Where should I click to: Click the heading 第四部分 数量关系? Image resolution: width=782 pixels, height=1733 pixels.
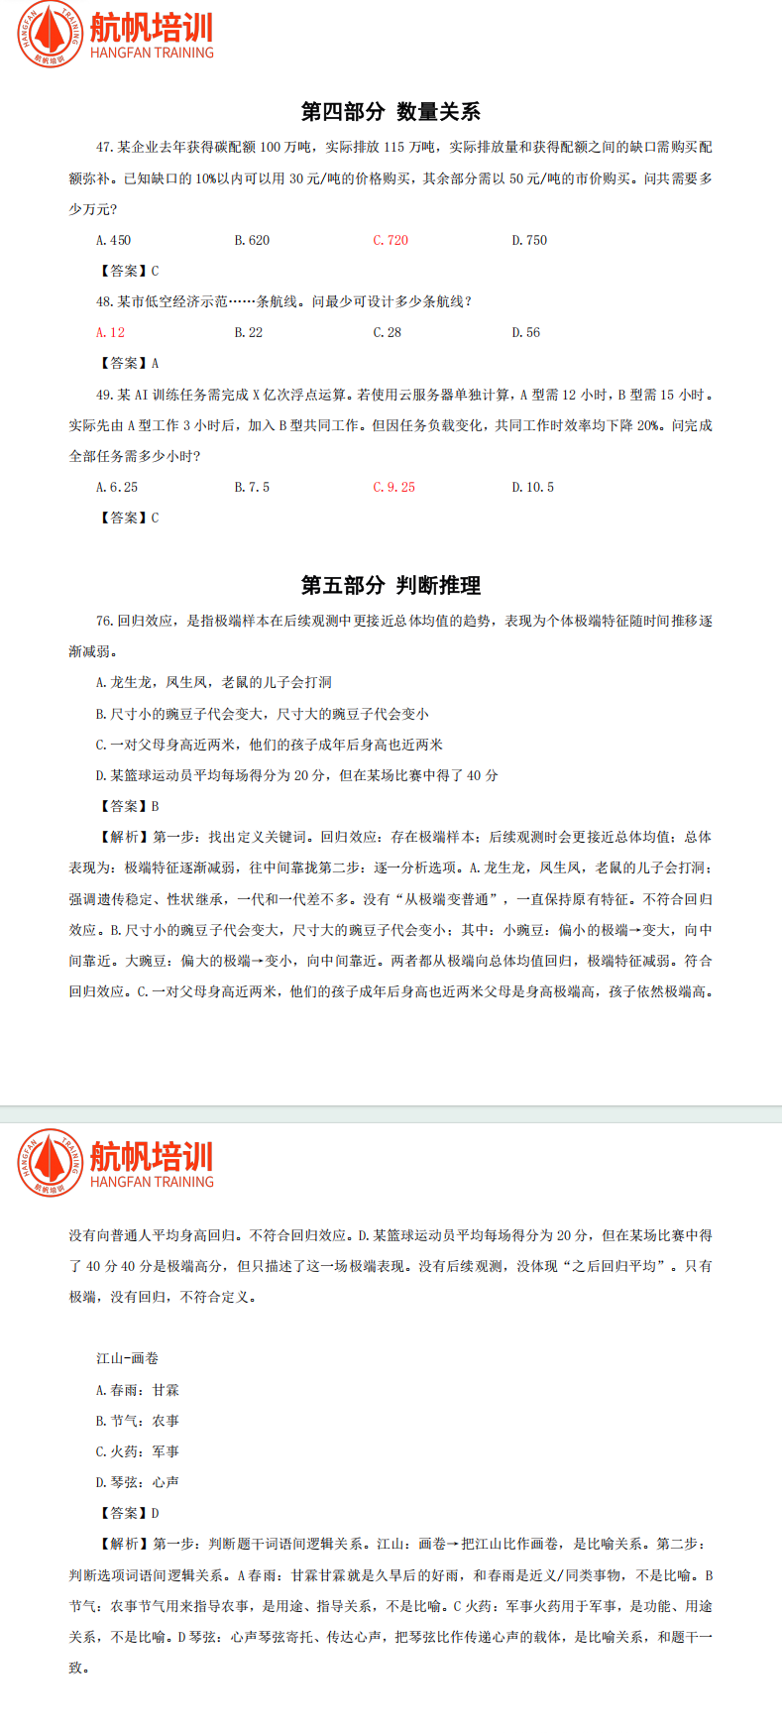[x=391, y=111]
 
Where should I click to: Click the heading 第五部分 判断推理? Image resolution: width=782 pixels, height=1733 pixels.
[x=391, y=585]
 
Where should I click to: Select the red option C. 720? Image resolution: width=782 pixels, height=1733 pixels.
[x=391, y=240]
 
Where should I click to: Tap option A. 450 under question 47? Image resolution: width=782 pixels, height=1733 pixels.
[x=113, y=240]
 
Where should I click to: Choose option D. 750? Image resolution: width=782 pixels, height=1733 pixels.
[x=529, y=240]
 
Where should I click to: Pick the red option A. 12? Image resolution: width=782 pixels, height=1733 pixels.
[x=110, y=332]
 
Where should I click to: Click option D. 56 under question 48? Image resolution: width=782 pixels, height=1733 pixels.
[x=526, y=332]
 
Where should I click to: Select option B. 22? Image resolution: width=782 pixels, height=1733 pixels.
[x=249, y=332]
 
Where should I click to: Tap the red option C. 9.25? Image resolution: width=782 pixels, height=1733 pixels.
[x=393, y=487]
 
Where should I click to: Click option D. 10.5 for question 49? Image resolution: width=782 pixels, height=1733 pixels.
[x=532, y=487]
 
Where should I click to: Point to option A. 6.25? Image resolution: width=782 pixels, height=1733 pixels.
[x=117, y=487]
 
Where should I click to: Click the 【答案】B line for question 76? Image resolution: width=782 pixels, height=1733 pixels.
[x=128, y=806]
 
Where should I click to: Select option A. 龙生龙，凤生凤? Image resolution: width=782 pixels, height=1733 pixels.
[x=214, y=682]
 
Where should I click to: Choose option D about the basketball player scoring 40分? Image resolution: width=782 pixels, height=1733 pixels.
[x=297, y=775]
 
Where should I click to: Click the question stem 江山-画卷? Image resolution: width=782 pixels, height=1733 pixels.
[x=127, y=1358]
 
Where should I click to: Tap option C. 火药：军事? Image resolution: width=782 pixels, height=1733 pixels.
[x=138, y=1451]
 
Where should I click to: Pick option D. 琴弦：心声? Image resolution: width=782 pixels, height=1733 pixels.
[x=138, y=1482]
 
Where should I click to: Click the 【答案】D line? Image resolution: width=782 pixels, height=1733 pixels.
[x=128, y=1513]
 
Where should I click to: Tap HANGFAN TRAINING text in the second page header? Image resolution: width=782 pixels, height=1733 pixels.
[x=152, y=1182]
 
